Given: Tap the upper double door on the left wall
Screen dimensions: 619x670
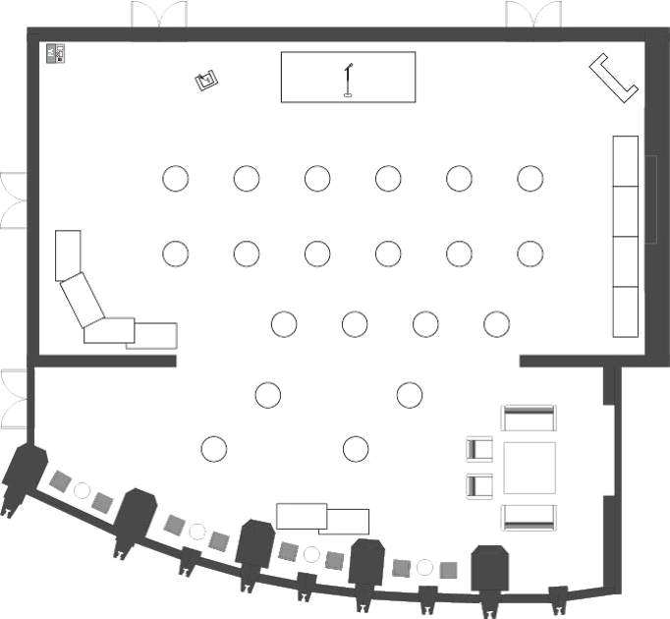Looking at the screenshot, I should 14,199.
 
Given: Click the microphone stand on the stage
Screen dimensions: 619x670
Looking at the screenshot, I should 347,81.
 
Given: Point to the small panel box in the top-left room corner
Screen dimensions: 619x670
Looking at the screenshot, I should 57,53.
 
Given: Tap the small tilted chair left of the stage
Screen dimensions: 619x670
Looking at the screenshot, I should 205,80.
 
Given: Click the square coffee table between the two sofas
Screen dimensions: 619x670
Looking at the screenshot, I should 530,468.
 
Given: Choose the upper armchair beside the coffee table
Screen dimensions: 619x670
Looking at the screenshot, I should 478,449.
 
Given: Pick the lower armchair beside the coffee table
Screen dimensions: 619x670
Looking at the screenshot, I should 478,485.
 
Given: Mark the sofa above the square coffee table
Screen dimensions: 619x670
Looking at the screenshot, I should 529,419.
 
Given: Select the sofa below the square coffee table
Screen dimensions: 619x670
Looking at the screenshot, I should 529,517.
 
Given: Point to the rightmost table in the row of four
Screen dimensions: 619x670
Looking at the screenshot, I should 497,322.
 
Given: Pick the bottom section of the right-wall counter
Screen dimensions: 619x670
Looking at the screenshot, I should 626,312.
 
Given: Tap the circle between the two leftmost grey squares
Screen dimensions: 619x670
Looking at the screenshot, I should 83,490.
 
